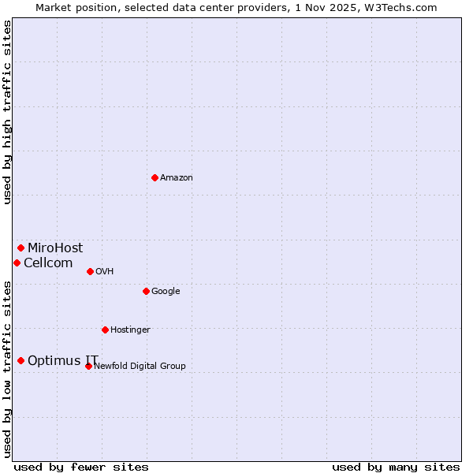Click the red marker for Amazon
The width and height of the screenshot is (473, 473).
coord(155,177)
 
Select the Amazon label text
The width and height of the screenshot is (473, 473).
coord(177,178)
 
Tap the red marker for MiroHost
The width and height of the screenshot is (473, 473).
coord(20,248)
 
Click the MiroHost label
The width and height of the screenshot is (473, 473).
coord(55,248)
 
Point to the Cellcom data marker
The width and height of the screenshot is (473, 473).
coord(17,263)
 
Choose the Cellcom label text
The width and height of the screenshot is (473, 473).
coord(48,263)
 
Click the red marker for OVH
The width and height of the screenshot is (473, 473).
coord(90,271)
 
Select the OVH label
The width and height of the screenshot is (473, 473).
coord(105,272)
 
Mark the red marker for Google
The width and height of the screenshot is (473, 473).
coord(146,291)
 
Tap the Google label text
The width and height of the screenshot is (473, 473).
coord(166,292)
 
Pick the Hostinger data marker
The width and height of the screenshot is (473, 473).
coord(105,330)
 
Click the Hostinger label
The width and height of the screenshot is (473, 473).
coord(130,330)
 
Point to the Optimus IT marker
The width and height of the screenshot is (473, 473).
coord(20,360)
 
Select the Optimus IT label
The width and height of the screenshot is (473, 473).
coord(63,361)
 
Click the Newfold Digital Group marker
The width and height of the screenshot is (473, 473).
coord(88,366)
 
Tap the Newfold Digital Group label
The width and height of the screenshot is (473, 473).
coord(140,367)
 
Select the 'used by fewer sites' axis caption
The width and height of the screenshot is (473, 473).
coord(81,467)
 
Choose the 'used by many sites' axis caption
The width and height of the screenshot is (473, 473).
coord(396,467)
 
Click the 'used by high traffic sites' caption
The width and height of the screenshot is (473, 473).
coord(7,112)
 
